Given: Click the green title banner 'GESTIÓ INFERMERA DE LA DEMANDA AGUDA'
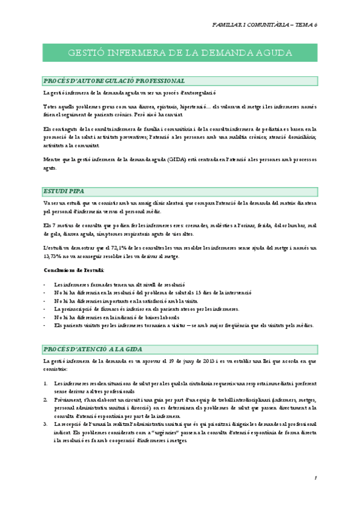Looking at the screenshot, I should [180, 53].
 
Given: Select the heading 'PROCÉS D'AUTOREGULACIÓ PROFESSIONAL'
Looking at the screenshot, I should [114, 81].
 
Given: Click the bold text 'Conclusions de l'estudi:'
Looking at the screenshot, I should [74, 270].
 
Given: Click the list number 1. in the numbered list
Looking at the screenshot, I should [46, 382].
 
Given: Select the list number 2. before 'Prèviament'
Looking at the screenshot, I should [46, 399].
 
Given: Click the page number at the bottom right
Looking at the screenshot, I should [315, 478].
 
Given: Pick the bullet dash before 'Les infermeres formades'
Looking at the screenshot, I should [45, 283].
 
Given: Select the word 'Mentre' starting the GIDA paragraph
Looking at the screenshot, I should [52, 159].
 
